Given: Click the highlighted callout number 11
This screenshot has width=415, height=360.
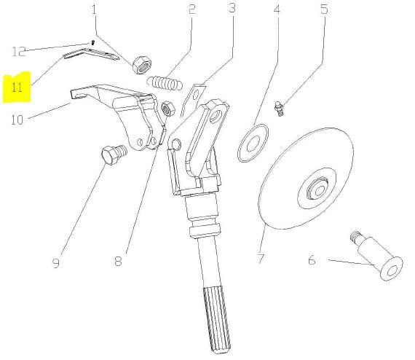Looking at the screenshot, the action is (17, 87).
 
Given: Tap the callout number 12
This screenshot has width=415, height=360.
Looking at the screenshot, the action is (19, 51).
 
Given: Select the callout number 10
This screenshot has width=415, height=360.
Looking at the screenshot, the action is (17, 120).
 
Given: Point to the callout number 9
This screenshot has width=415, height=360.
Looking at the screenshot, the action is (56, 263).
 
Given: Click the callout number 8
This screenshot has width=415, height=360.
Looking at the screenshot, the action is (118, 261).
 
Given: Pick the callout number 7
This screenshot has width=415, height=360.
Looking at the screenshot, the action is (261, 259).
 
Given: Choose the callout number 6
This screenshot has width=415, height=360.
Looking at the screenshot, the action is (312, 260).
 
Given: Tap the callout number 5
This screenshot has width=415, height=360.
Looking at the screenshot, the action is (324, 9).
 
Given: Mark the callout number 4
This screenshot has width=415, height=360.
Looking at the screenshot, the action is (277, 9).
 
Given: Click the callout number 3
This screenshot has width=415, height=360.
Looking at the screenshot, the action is (232, 8).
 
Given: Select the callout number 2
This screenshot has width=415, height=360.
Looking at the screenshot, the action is (192, 9).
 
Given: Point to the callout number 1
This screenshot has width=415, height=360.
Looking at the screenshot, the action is (94, 9).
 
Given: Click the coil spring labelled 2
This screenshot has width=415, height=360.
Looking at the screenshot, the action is (165, 83).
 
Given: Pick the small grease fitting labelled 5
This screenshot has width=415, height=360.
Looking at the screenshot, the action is (280, 109).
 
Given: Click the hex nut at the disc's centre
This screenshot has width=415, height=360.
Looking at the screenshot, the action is (317, 188).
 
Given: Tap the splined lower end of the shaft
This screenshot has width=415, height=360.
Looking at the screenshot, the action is (217, 320).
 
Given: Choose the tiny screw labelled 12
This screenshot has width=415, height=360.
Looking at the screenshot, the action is (92, 43).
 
